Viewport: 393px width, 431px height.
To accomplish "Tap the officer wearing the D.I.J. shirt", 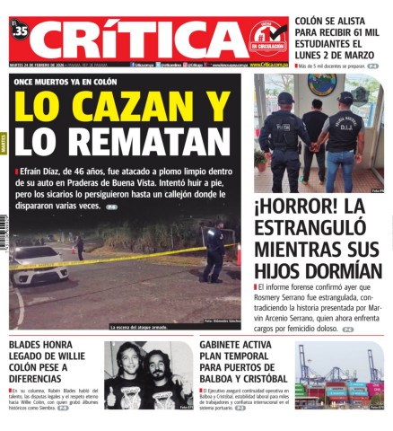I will [344, 139].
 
